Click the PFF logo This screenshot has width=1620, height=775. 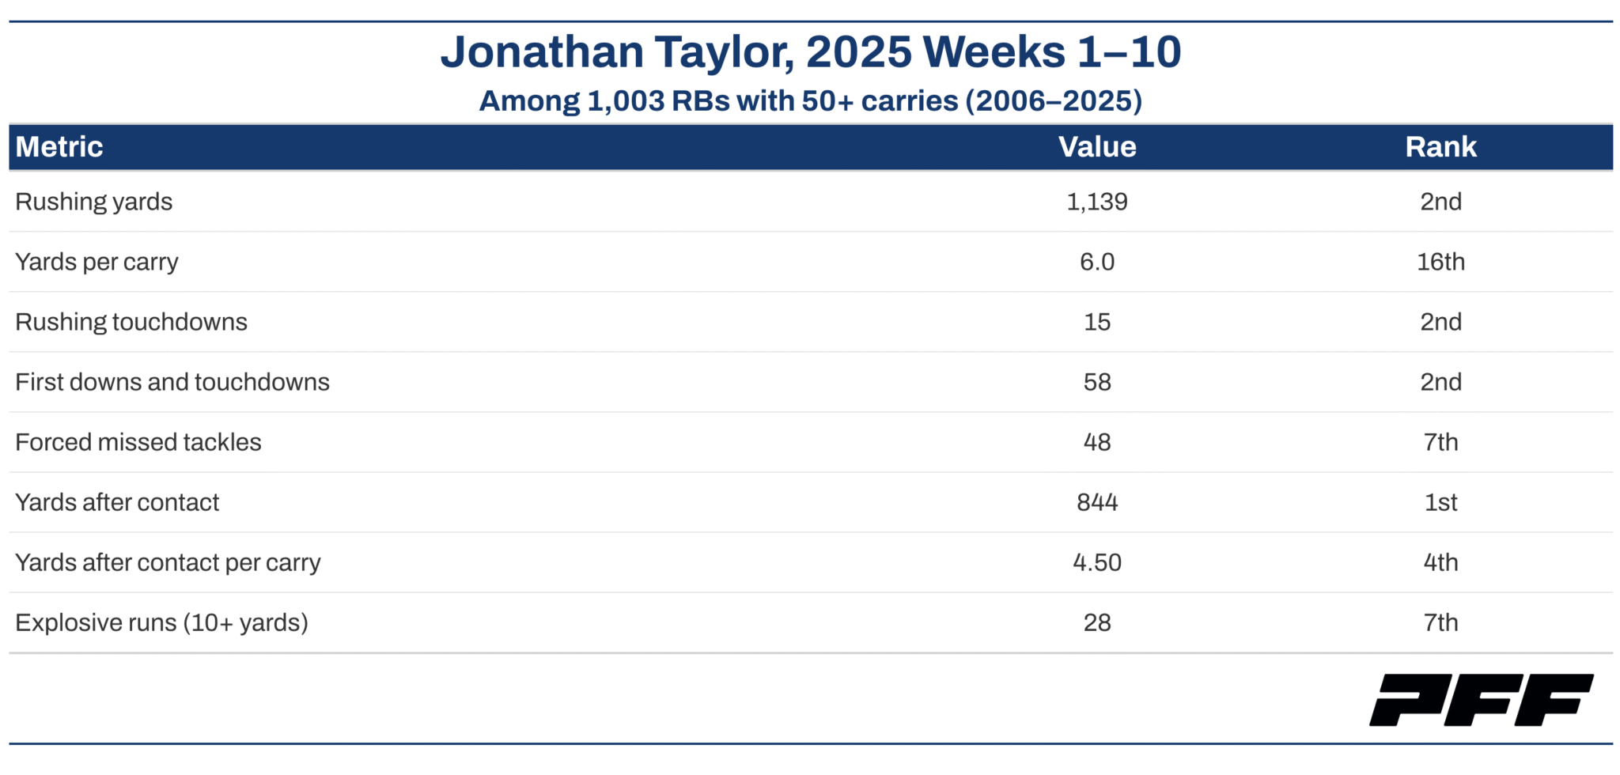tap(1482, 700)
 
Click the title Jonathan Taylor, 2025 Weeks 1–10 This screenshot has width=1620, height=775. tap(811, 52)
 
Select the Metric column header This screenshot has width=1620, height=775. tap(59, 147)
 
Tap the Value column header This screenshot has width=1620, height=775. tap(1097, 147)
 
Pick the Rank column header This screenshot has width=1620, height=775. tap(1440, 147)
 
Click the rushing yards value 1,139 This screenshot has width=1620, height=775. tap(1097, 202)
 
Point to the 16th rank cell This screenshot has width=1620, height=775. tap(1440, 262)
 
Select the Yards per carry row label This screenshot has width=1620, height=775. tap(97, 263)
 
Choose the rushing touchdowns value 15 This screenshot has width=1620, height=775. tap(1097, 322)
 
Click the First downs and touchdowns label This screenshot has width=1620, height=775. tap(172, 382)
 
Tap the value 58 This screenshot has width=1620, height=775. tap(1097, 382)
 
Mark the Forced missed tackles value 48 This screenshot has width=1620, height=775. tap(1097, 442)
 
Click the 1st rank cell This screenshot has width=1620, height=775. tap(1440, 502)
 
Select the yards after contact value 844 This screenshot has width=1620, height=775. tap(1097, 502)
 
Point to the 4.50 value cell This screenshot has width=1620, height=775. tap(1097, 562)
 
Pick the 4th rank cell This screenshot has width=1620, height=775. tap(1440, 562)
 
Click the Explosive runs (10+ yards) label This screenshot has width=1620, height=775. tap(161, 623)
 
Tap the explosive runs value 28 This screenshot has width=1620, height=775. tap(1097, 622)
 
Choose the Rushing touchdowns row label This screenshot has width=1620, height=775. tap(131, 323)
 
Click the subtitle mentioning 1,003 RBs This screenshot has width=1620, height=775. tap(811, 101)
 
